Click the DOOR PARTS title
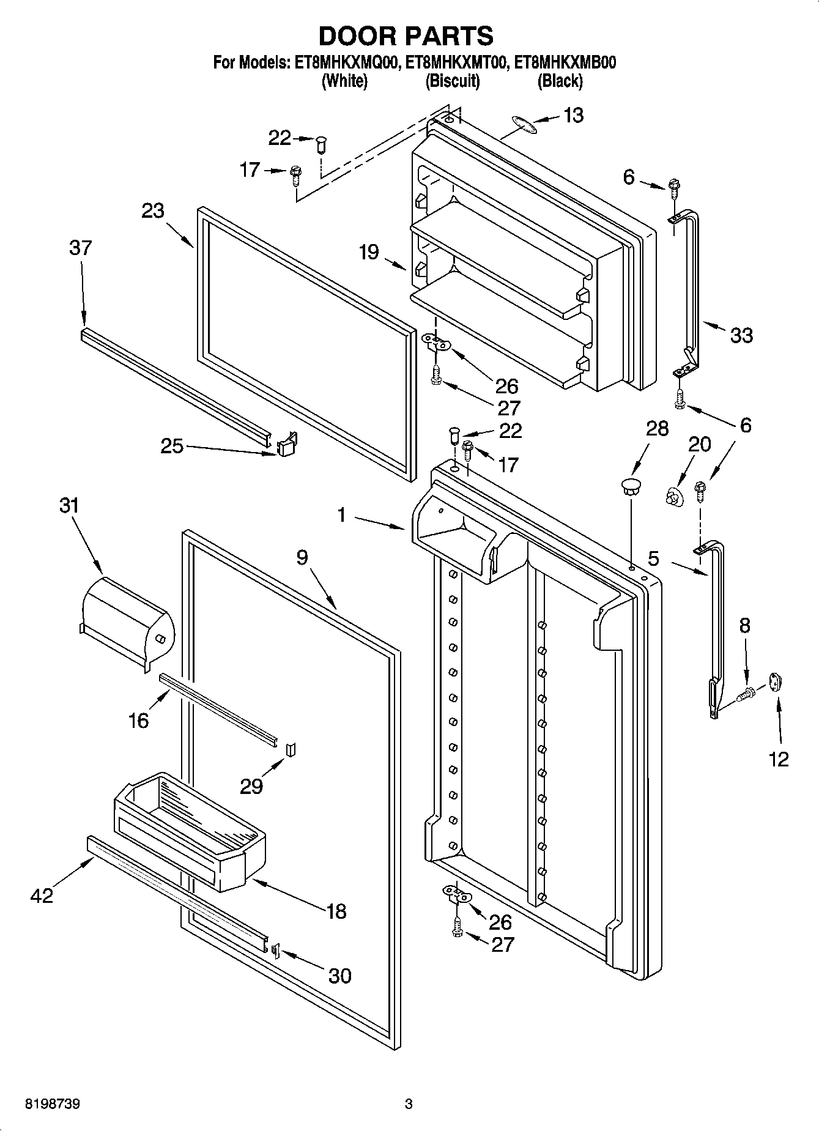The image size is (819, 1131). pos(406,36)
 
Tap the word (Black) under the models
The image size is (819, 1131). pos(560,81)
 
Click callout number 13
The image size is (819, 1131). pos(573,115)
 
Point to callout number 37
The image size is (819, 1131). pos(80,248)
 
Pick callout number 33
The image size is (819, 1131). pos(741,335)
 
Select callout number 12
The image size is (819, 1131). pos(779,759)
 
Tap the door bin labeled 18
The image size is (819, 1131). pos(190,832)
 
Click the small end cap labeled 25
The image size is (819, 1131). pos(286,445)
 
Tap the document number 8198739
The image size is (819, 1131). pos(53,1104)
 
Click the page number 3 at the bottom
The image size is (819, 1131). pos(409,1104)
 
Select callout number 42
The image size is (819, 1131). pos(42,896)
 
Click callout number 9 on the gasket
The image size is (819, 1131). pos(302,557)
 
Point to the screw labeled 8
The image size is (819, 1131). pos(747,694)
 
